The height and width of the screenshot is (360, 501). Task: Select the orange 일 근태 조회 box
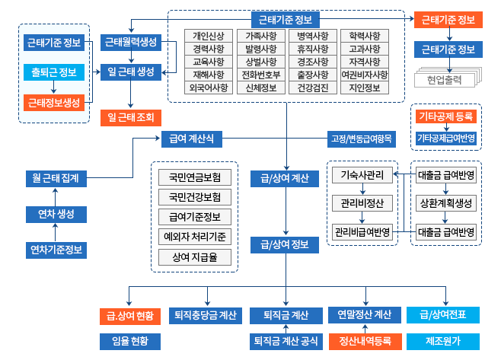[130, 117]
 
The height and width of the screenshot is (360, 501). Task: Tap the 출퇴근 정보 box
[53, 72]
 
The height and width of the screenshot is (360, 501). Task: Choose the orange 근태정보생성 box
[53, 102]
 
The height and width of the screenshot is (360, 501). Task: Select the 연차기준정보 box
[56, 249]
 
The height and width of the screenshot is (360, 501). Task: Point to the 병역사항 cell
[313, 36]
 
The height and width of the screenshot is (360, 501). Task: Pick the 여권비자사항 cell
[365, 75]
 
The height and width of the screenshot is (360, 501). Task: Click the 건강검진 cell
[313, 88]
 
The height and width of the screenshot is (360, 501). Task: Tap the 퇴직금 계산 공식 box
[284, 340]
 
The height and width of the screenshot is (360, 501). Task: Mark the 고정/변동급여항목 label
[361, 139]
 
